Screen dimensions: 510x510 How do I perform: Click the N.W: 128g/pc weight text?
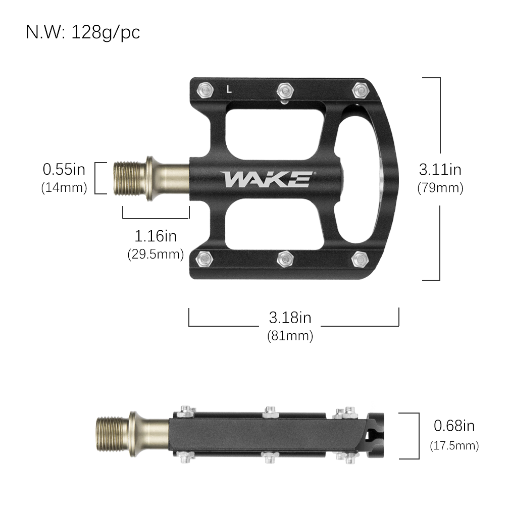click(83, 32)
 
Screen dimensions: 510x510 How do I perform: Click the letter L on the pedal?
click(229, 91)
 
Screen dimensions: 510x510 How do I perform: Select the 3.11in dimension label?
click(440, 169)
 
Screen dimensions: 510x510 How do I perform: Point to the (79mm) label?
click(440, 188)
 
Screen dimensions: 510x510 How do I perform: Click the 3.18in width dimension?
click(290, 318)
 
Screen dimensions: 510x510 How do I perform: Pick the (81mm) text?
click(290, 335)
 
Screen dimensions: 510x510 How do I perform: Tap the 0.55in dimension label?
click(64, 169)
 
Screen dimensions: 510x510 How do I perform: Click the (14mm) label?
click(64, 188)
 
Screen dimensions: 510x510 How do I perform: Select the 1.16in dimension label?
click(156, 235)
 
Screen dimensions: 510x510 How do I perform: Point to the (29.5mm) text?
click(156, 254)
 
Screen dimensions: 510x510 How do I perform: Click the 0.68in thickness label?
click(454, 426)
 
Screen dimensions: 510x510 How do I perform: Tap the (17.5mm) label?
click(454, 445)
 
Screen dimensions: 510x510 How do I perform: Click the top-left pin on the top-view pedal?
click(205, 90)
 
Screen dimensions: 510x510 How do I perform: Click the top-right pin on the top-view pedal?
click(360, 90)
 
